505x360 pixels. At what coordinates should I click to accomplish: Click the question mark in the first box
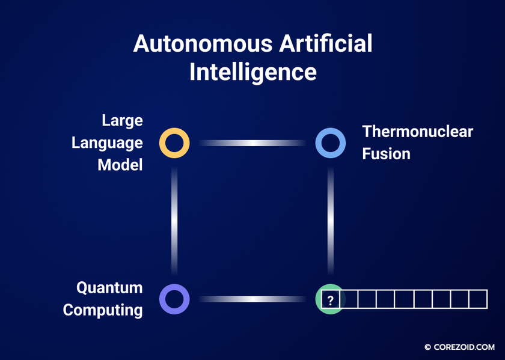coord(330,301)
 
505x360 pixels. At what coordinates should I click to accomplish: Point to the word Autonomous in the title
coord(203,44)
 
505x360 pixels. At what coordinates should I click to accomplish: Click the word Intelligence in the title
coord(253,72)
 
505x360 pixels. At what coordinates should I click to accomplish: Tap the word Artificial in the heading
coord(326,43)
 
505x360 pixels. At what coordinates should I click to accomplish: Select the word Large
coord(123,121)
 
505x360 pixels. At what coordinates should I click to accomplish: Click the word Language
coord(107,143)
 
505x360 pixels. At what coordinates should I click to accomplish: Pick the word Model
coord(120,165)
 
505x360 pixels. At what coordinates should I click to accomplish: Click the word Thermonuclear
coord(418,132)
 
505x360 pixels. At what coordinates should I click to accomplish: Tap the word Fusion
coord(386,154)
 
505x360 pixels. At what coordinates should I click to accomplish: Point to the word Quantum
coord(109,287)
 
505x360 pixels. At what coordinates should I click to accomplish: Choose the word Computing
coord(103,310)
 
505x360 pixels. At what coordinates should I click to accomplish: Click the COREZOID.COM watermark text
coord(464,347)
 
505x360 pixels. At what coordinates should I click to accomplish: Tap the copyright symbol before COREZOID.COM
coord(427,347)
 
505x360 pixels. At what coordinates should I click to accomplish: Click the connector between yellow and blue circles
coord(252,143)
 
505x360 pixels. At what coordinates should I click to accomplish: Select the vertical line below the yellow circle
coord(174,221)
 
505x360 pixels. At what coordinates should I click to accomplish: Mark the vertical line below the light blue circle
coord(331,221)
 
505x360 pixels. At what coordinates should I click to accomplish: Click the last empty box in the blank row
coord(479,299)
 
